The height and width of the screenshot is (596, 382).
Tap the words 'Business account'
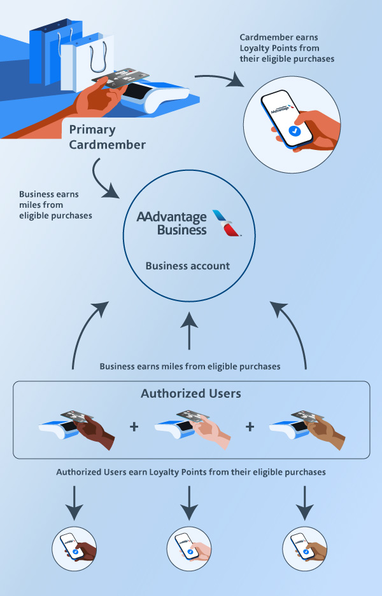click(187, 266)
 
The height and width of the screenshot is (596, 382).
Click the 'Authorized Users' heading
click(190, 394)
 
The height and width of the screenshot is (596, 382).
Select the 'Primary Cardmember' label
click(107, 137)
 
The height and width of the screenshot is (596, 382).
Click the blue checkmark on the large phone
click(294, 130)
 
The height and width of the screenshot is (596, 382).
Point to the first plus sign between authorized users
click(134, 426)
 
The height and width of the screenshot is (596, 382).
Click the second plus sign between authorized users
click(249, 426)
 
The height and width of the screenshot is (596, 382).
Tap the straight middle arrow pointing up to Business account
click(190, 330)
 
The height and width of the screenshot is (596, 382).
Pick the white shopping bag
click(95, 57)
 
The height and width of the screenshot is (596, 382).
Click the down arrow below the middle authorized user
click(190, 498)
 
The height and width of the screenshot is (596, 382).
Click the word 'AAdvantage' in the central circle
click(171, 217)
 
